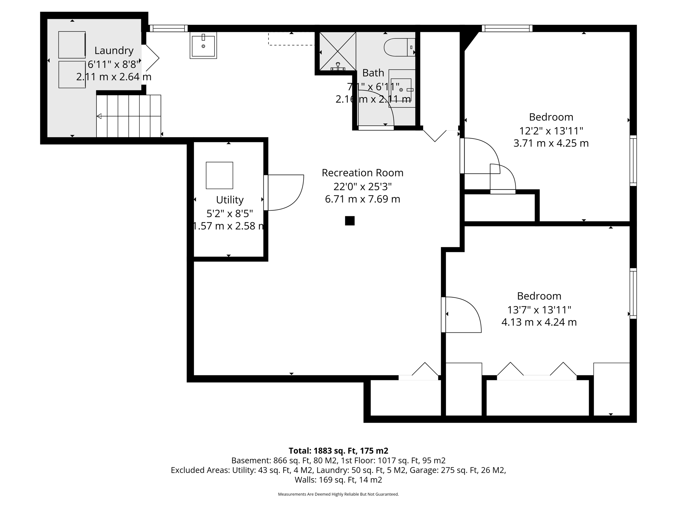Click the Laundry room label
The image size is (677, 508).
[x=114, y=50]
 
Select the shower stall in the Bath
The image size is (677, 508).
[x=338, y=51]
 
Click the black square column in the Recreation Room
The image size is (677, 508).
[x=349, y=221]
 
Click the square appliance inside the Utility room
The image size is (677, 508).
[x=219, y=175]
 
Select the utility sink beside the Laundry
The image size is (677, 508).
[x=203, y=46]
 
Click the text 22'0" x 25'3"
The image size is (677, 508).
[x=362, y=187]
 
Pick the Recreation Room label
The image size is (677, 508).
[x=362, y=173]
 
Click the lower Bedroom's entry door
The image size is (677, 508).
[x=461, y=315]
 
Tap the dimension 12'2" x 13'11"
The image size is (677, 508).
[x=551, y=131]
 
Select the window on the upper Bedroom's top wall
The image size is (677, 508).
[x=507, y=28]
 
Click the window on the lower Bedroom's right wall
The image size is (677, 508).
[x=633, y=293]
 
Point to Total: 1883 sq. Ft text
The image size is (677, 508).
[x=338, y=451]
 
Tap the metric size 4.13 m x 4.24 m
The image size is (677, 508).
[x=539, y=322]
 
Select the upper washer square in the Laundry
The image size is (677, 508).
[x=72, y=45]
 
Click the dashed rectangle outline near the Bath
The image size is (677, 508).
[x=291, y=39]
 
